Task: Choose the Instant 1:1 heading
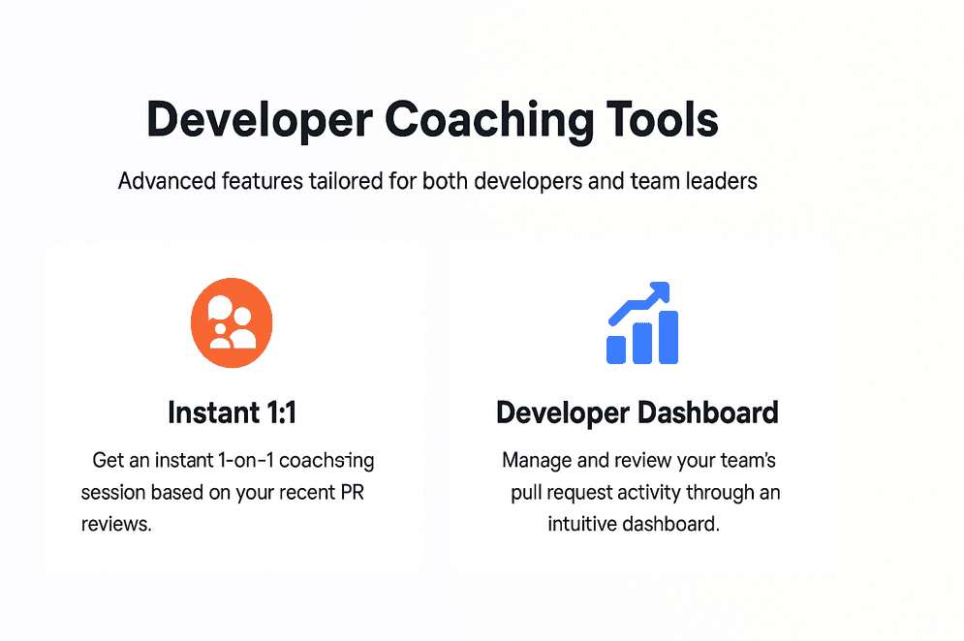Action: click(232, 412)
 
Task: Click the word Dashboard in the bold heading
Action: click(707, 412)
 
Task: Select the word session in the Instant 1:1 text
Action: click(112, 492)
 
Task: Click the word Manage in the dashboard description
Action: click(535, 460)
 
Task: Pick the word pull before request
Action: click(526, 492)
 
